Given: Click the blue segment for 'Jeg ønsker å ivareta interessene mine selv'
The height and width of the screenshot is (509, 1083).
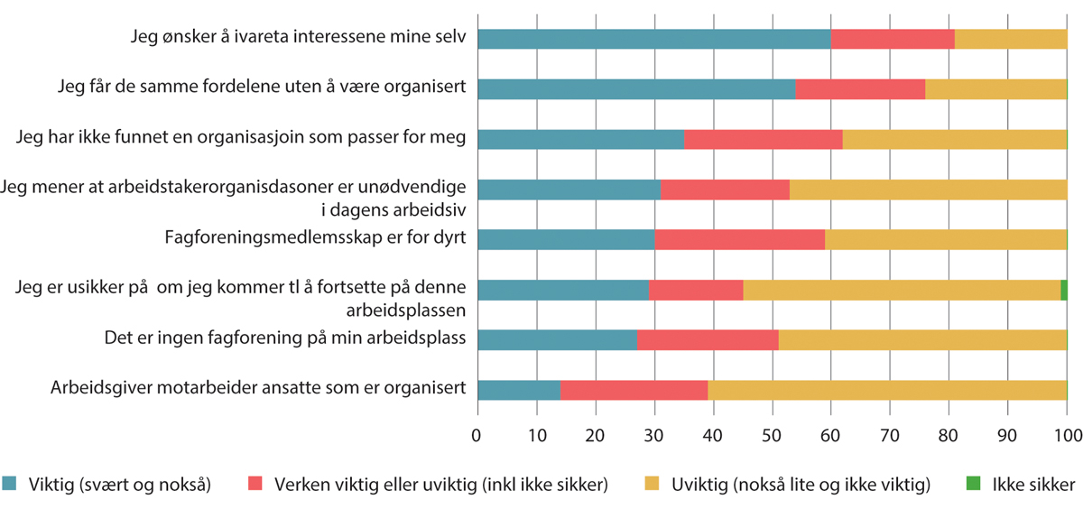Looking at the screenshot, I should (x=653, y=39).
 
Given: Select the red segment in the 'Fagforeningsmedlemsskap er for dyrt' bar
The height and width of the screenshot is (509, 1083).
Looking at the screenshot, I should (x=739, y=239).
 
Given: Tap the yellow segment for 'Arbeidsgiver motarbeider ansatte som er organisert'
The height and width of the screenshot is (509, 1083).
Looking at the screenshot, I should (x=887, y=389).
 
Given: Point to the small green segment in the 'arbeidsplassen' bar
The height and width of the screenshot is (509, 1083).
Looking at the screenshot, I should (x=1064, y=290).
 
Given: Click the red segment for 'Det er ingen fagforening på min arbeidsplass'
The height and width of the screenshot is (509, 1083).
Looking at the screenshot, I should (x=708, y=339).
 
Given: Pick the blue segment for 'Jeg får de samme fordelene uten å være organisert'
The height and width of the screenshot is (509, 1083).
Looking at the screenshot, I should (x=635, y=88).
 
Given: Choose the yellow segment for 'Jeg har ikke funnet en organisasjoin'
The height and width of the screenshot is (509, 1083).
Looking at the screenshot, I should (x=954, y=139).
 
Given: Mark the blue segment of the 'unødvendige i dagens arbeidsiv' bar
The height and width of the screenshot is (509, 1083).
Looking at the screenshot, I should (x=569, y=190).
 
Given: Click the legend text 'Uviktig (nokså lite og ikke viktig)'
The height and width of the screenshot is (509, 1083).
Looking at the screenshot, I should (x=800, y=485).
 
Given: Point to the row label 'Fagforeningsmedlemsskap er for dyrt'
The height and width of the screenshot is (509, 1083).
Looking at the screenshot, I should (x=315, y=239).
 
